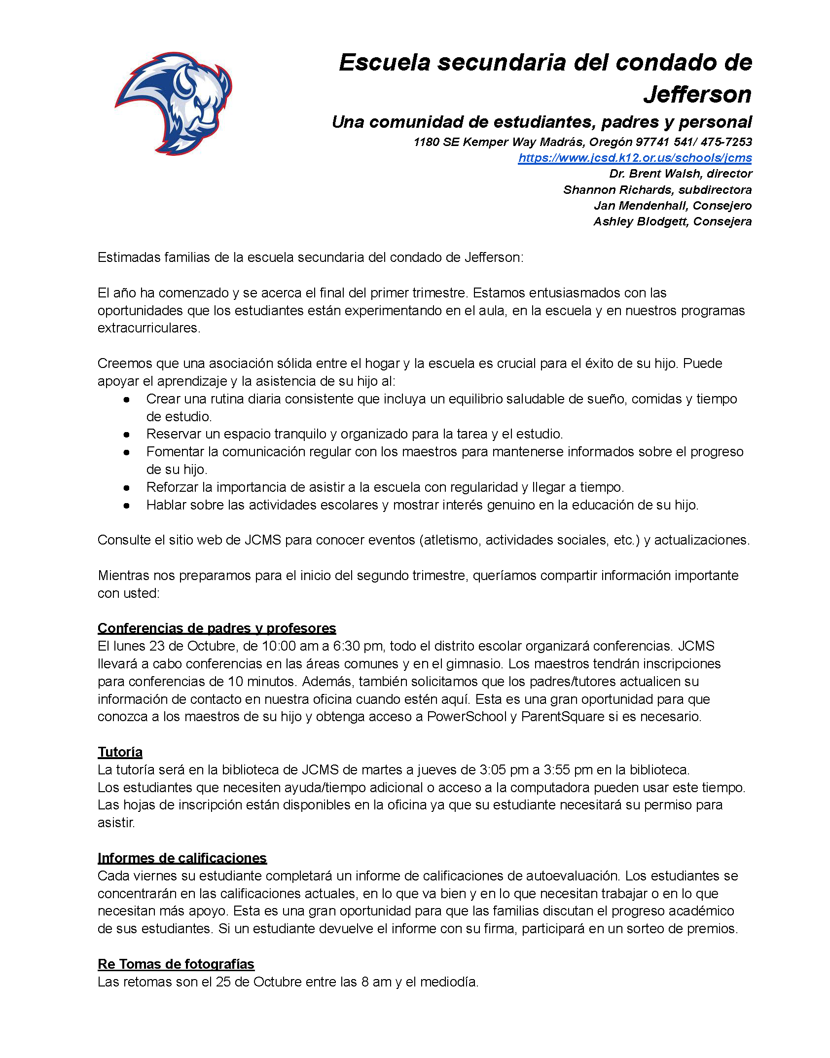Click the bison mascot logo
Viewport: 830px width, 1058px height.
[174, 103]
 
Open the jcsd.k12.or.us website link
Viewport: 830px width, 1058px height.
[635, 158]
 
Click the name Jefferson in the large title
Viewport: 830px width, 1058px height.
[697, 94]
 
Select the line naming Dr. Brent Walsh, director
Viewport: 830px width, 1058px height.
[681, 174]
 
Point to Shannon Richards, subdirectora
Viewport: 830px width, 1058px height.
[657, 190]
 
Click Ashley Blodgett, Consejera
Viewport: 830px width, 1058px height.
[672, 221]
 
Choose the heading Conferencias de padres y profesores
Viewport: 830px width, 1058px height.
[217, 628]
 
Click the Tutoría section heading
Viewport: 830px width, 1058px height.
[120, 752]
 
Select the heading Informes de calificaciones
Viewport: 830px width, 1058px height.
[182, 858]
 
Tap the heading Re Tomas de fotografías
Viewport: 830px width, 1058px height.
[176, 964]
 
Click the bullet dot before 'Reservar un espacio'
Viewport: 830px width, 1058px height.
[127, 435]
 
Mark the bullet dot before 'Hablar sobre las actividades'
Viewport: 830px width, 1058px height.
[127, 506]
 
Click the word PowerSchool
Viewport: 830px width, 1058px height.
[467, 717]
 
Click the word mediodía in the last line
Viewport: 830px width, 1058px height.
[452, 982]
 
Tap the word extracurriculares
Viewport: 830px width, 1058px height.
[148, 328]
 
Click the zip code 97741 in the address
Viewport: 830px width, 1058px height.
[652, 142]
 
